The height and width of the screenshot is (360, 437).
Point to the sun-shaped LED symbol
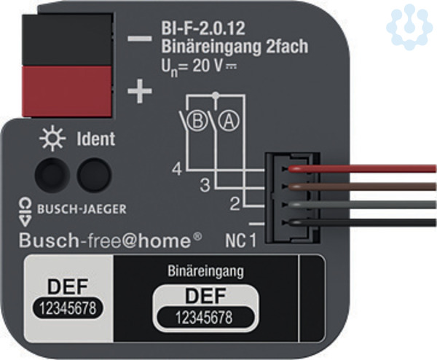(52, 138)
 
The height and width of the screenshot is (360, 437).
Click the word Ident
(95, 138)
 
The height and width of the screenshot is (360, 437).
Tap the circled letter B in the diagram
(195, 122)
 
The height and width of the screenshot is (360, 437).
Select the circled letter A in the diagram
(228, 122)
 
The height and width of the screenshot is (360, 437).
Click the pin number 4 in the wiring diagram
(176, 172)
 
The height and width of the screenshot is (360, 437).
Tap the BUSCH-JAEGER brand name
(82, 209)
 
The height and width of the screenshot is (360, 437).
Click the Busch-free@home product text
(110, 239)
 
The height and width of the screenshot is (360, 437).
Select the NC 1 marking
(239, 239)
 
